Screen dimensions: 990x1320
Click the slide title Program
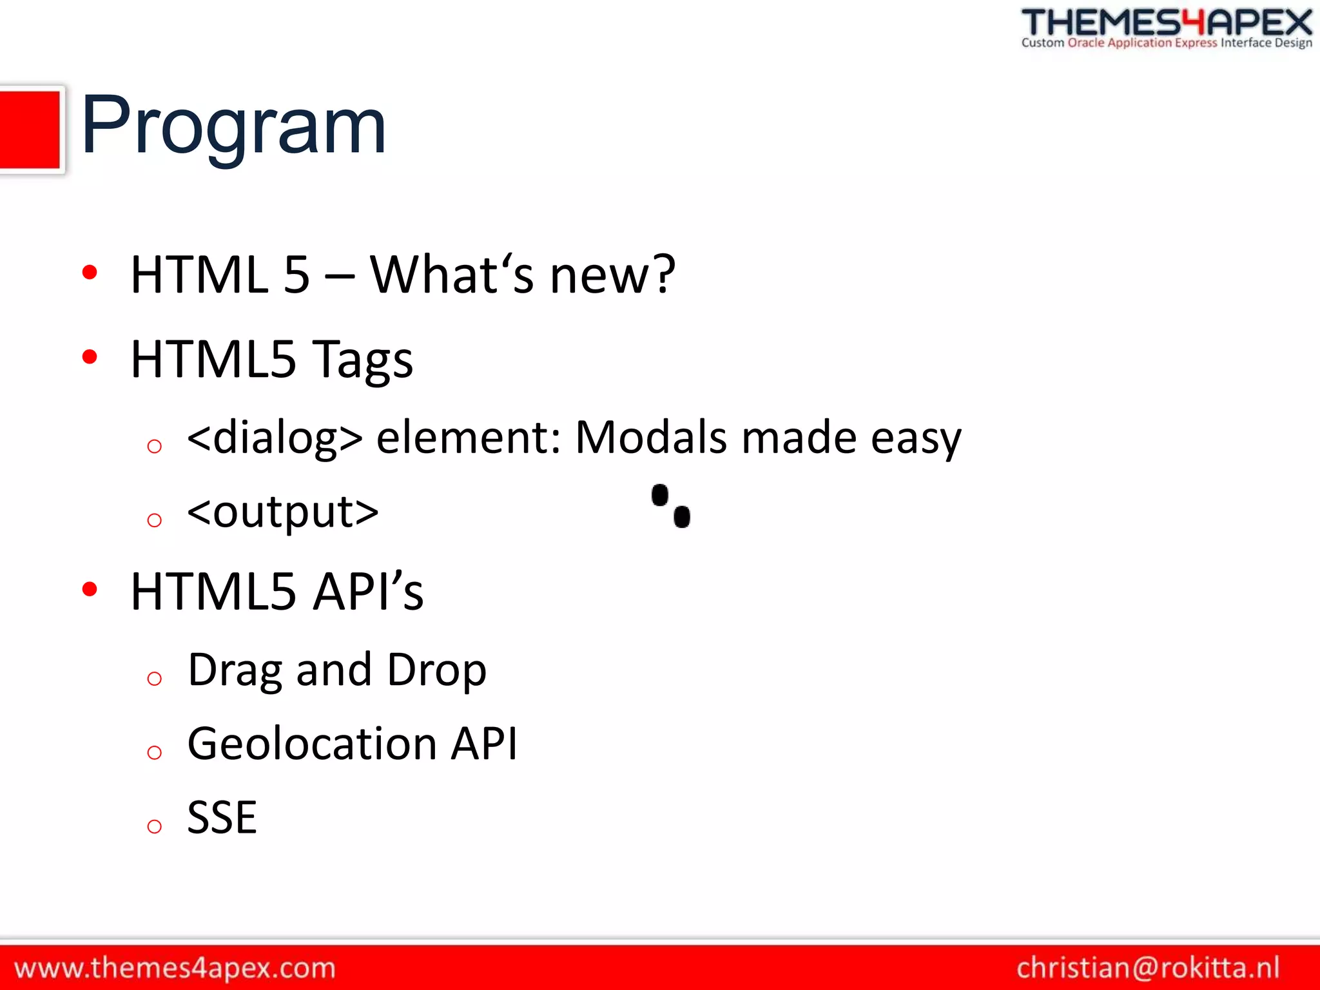pos(233,125)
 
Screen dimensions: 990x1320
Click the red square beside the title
pos(29,130)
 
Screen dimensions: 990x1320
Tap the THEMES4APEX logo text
pos(1167,23)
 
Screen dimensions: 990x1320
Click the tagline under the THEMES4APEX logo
pos(1167,43)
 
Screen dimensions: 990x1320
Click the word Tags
pos(362,360)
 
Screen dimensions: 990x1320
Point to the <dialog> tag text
pos(275,438)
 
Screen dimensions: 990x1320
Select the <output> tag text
pos(282,512)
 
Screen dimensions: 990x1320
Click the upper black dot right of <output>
pos(660,496)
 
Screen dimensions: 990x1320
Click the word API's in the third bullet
pos(368,592)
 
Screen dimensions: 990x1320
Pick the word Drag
pos(235,671)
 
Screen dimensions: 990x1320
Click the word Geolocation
pos(313,744)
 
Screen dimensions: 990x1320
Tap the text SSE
pos(222,818)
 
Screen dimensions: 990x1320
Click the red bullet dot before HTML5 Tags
pos(90,356)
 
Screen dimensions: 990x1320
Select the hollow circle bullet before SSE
pos(154,826)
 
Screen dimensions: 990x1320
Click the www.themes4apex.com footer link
pos(175,968)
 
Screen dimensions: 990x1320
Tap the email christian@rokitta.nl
pos(1147,968)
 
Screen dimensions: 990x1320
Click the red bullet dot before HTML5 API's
pos(90,588)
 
